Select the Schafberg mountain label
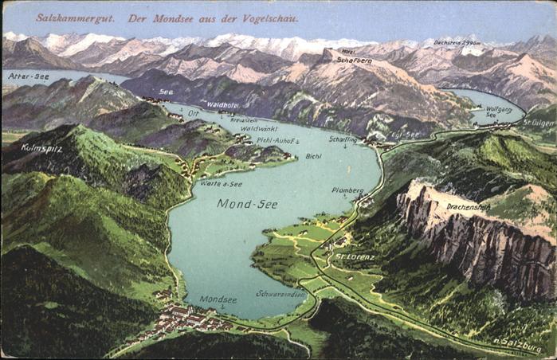[x=354, y=60]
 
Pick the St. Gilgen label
[x=539, y=123]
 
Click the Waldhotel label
[x=222, y=104]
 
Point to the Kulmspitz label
[x=41, y=147]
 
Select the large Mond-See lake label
[x=247, y=204]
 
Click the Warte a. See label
[x=222, y=184]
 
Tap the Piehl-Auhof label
[x=277, y=140]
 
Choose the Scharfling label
[x=343, y=139]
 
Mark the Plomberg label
[x=347, y=190]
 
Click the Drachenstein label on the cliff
[x=468, y=206]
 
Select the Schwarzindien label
[x=280, y=293]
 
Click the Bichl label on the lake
[x=313, y=156]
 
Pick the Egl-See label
[x=405, y=135]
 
